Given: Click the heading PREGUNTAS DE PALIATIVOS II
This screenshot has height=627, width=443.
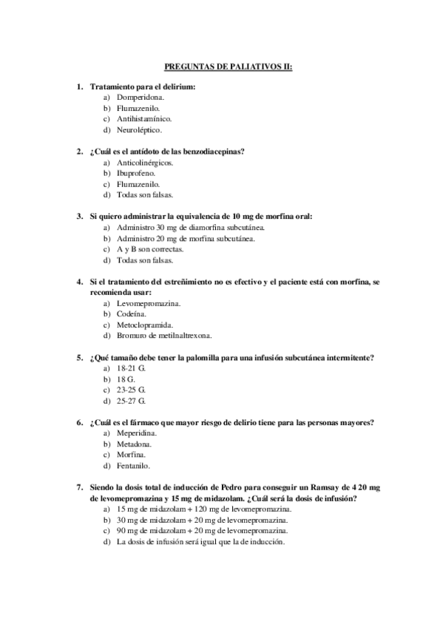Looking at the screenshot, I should coord(228,66).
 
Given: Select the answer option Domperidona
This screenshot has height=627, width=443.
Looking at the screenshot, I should coord(141,97).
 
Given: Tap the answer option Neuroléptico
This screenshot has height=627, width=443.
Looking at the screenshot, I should coord(139,129).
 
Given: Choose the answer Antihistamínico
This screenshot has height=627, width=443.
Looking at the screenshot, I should coord(144,118).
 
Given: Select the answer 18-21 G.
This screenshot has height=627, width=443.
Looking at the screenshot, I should coord(131,367).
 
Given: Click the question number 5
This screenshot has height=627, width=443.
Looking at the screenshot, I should coord(80,358).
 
